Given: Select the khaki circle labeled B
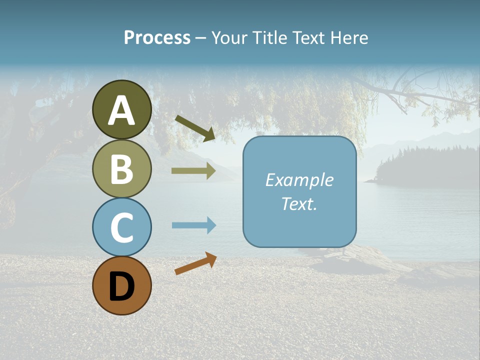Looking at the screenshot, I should tap(122, 168).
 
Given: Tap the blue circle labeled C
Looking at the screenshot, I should tap(122, 227).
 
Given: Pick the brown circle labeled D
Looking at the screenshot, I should tap(122, 285).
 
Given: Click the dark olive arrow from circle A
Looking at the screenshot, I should tap(195, 128).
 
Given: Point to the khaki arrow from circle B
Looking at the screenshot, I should tap(193, 171).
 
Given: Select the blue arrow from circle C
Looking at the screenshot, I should tap(193, 225).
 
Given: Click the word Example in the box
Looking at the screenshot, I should tap(299, 179).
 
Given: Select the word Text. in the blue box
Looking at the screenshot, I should tap(299, 203).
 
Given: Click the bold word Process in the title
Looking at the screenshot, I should tap(157, 37).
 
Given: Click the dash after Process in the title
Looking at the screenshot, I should tap(200, 38).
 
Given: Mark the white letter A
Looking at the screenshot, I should tap(122, 110).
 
